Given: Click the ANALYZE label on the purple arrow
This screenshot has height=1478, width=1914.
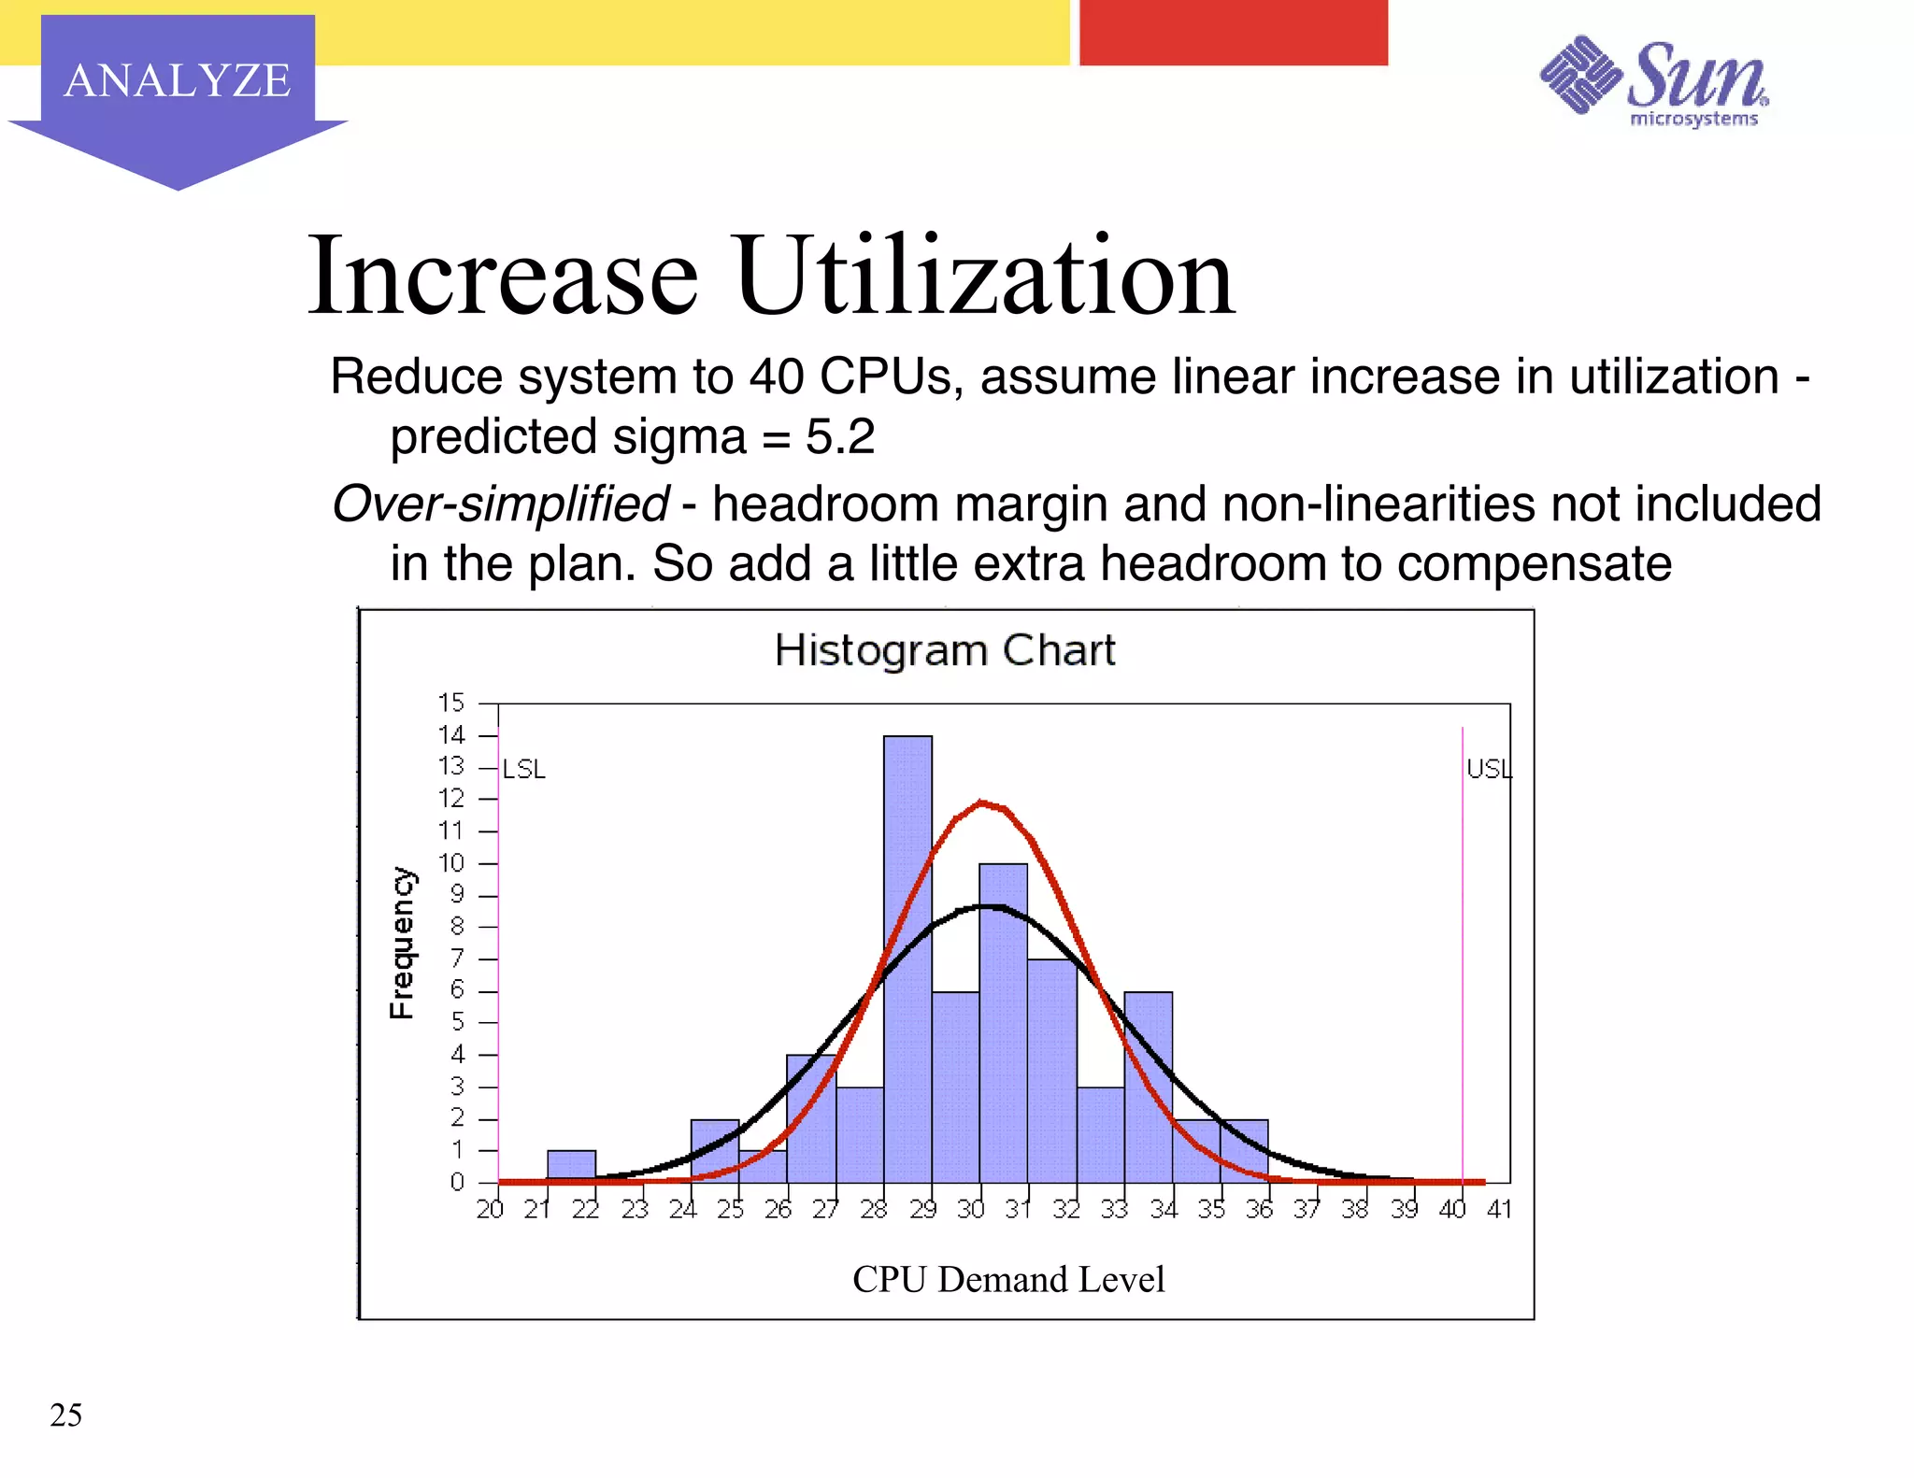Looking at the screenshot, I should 178,80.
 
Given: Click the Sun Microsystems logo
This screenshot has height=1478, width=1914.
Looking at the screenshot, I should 1654,82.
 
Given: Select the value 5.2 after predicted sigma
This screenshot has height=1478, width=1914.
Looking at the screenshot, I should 840,436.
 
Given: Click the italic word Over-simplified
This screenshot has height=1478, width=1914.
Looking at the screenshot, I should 500,504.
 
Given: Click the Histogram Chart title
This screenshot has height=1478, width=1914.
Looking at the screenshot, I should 945,650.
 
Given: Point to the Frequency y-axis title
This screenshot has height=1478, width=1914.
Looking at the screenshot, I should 402,943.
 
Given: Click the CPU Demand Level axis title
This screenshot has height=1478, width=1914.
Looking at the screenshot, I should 1008,1279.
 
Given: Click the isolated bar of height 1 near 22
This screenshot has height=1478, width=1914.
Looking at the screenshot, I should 571,1166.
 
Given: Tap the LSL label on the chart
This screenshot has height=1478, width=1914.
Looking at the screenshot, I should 524,769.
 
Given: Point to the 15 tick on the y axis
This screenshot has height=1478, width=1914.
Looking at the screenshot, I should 451,703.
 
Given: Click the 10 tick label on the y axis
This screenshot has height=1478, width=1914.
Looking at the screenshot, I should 451,863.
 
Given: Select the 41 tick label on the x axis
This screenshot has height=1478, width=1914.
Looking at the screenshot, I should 1499,1209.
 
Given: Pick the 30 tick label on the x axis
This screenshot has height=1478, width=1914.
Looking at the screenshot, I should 971,1209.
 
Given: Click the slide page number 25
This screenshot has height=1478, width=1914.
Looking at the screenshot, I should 65,1414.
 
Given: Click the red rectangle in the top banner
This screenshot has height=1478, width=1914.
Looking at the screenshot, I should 1233,33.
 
